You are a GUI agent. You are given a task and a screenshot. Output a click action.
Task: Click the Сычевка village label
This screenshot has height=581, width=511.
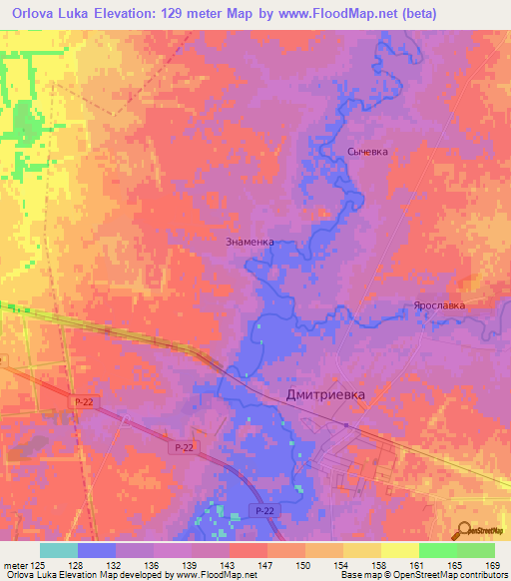pyautogui.click(x=366, y=152)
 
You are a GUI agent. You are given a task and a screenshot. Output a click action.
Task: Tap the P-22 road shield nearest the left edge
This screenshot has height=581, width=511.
pyautogui.click(x=84, y=401)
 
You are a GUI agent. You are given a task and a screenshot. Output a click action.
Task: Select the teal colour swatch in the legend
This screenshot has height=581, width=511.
pyautogui.click(x=58, y=550)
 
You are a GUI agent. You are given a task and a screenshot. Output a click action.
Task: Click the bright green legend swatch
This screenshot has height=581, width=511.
pyautogui.click(x=437, y=550)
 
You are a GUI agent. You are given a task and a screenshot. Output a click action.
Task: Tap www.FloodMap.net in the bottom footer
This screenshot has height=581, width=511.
pyautogui.click(x=212, y=575)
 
